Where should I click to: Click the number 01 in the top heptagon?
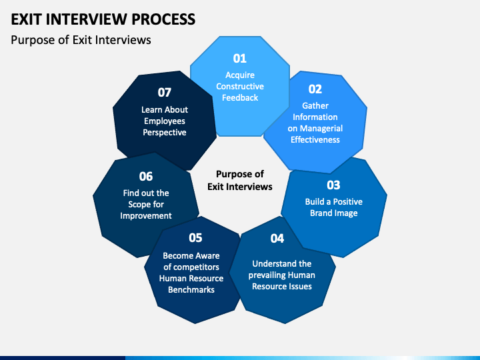click(x=240, y=59)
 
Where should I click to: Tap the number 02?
click(x=315, y=89)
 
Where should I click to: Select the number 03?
click(x=333, y=185)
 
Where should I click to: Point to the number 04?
click(x=277, y=239)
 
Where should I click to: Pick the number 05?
click(x=195, y=238)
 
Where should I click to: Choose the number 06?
click(x=146, y=176)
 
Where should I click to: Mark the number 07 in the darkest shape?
click(x=165, y=93)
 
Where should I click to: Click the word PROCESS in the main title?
click(x=163, y=19)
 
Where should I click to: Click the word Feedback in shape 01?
click(x=240, y=97)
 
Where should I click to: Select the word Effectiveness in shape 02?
click(x=315, y=139)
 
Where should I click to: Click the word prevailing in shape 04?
click(x=265, y=275)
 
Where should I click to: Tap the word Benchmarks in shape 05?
click(x=191, y=289)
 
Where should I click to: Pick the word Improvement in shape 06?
click(x=146, y=216)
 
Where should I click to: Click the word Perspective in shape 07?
click(x=165, y=133)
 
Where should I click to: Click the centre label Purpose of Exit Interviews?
click(x=240, y=180)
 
